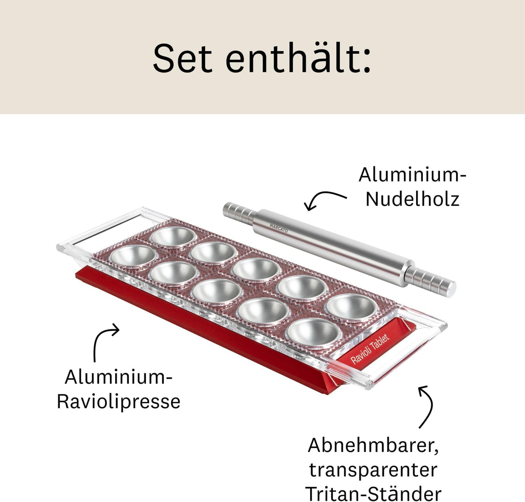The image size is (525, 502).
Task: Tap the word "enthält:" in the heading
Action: click(x=298, y=59)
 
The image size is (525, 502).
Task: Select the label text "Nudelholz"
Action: click(x=412, y=199)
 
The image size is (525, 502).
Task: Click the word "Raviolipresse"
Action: click(x=119, y=402)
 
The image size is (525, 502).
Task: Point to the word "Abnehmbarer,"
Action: click(x=373, y=445)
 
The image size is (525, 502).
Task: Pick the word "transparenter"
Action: click(x=373, y=470)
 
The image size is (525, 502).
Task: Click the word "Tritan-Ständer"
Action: click(x=373, y=492)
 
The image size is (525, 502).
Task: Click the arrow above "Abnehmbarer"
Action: click(x=426, y=406)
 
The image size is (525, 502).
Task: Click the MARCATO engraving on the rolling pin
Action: click(x=279, y=227)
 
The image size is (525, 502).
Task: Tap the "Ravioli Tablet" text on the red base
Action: click(x=370, y=350)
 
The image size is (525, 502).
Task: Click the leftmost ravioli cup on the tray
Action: click(x=132, y=255)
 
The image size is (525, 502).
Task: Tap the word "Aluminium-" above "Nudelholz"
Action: click(x=412, y=175)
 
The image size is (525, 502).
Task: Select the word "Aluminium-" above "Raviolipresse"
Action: click(x=119, y=377)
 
